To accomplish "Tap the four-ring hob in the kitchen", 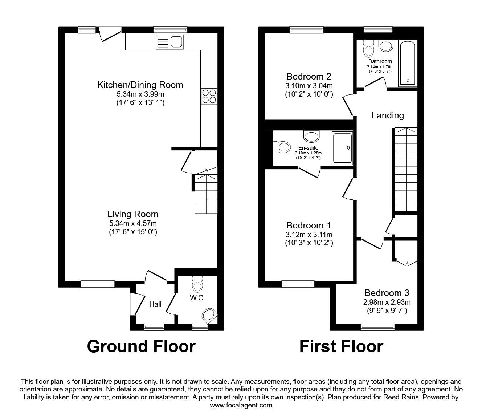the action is point(209,96).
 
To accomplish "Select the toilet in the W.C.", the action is point(197,284).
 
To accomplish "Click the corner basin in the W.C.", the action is point(209,316).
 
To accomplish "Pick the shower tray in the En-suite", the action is point(342,148).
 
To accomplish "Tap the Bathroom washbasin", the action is point(386,45).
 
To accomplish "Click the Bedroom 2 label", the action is point(309,77).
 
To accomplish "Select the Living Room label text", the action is point(133,214).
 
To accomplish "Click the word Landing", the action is point(388,115).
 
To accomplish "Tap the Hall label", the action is point(155,304).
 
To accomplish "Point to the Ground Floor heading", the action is point(141,346).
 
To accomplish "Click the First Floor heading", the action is point(342,346).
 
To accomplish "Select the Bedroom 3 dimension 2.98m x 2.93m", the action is point(387,302).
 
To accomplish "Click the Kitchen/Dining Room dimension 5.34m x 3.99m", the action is point(140,94).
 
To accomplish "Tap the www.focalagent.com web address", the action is point(241,405).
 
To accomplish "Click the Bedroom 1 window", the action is point(298,284).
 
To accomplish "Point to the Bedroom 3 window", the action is point(377,327).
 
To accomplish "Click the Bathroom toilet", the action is point(369,49).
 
